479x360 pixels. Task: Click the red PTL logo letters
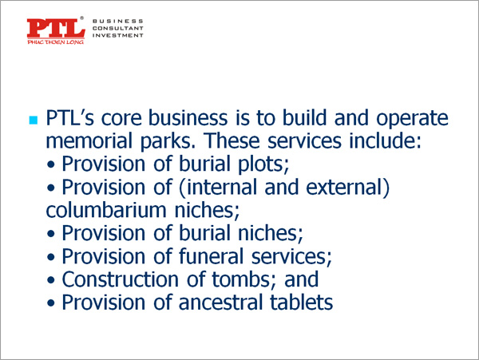tap(56, 29)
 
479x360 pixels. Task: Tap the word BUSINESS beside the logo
tap(118, 21)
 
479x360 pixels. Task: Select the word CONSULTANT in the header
tap(118, 28)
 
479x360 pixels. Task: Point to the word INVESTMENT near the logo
tap(118, 35)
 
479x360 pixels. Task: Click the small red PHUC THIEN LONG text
tap(56, 42)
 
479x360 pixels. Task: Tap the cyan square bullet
tap(34, 120)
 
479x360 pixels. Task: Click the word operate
tap(412, 119)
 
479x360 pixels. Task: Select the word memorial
tap(89, 140)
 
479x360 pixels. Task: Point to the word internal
tap(222, 187)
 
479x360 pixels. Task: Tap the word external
tap(344, 187)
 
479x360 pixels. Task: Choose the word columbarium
tap(106, 210)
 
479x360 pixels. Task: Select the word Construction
tap(121, 279)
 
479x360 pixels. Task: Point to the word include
tap(385, 140)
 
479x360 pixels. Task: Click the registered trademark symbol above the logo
tap(81, 18)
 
